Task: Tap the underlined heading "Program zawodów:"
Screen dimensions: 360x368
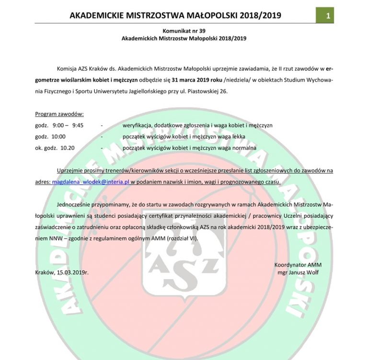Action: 59,114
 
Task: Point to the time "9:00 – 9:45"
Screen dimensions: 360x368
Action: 68,125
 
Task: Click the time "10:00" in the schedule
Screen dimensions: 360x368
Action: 58,136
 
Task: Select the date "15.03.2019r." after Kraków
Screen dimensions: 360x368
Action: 73,272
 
